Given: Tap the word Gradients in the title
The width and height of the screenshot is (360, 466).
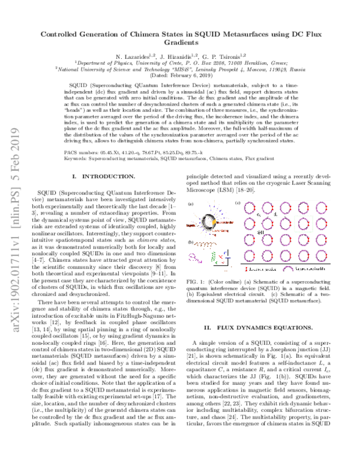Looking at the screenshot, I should tap(180, 43).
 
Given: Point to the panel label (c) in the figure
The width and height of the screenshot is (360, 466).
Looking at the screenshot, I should tap(238, 203).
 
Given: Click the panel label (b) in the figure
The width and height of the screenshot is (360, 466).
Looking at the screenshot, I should tap(190, 242).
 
